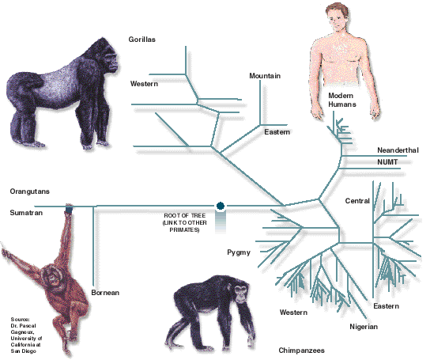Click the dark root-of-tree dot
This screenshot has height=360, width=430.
(221, 206)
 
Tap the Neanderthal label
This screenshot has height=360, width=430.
(398, 150)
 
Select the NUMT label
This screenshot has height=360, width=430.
(387, 162)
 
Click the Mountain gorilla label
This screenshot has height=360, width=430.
(265, 76)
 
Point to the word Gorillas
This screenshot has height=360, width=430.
(142, 40)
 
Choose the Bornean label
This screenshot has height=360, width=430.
(105, 293)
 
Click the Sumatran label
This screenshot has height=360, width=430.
(26, 213)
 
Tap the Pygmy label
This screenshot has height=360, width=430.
(239, 252)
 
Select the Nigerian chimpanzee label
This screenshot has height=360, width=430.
(364, 327)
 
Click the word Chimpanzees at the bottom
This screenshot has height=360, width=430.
(302, 351)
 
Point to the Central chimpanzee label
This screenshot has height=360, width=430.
(357, 201)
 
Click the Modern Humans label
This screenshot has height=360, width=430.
(342, 100)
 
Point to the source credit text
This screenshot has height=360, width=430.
(26, 335)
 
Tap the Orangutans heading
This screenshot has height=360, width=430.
(29, 191)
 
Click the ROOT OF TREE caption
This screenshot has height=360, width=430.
(184, 222)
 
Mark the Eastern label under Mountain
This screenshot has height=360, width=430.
(277, 132)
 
